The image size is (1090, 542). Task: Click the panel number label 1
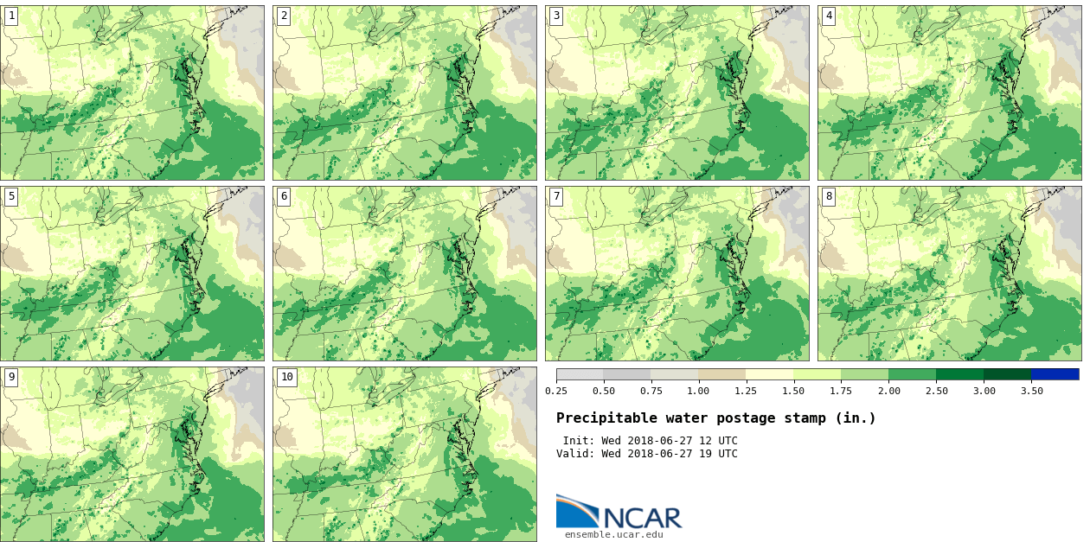pos(11,16)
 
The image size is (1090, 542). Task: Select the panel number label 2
pos(284,16)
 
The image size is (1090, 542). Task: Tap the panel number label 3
pos(556,16)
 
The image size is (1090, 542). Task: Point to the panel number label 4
pos(829,16)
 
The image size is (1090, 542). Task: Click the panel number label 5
pos(11,196)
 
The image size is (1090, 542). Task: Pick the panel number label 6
pos(284,196)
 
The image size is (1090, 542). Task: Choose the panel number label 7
pos(556,196)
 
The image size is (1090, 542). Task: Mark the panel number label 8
pos(829,196)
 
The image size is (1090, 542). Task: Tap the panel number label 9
pos(11,377)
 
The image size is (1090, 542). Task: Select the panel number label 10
pos(287,377)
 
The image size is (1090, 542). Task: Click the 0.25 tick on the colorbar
pos(556,391)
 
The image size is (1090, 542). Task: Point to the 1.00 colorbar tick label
pos(698,391)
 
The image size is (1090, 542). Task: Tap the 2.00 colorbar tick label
pos(888,391)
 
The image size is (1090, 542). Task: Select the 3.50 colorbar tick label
pos(1031,391)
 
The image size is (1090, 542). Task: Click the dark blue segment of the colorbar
pos(1055,374)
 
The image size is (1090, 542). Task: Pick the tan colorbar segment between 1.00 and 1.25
pos(721,374)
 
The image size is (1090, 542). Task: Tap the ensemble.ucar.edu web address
pos(614,534)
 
